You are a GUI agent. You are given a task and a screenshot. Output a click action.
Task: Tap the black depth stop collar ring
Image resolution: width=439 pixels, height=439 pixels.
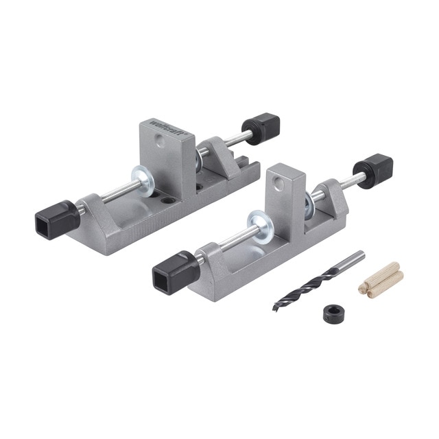coord(333,314)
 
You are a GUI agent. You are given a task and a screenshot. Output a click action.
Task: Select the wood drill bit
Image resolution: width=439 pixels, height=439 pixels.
coord(318,281)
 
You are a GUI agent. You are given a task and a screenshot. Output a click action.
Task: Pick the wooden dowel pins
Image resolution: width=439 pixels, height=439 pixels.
coord(381,279)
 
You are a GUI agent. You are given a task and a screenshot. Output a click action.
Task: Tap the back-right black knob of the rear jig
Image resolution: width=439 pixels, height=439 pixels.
coord(261,128)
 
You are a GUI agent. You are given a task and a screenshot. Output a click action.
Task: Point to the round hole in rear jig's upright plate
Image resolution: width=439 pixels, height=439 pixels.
coord(160,140)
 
